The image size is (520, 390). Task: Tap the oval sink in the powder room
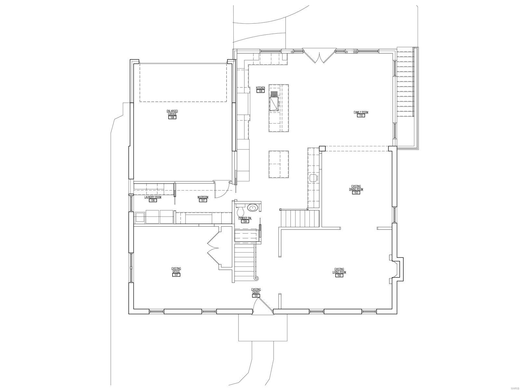pyautogui.click(x=252, y=207)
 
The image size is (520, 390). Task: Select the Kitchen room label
pyautogui.click(x=260, y=88)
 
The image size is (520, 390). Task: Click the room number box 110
pyautogui.click(x=361, y=116)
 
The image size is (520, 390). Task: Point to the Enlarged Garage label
pyautogui.click(x=172, y=112)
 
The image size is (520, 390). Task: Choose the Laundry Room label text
pyautogui.click(x=153, y=197)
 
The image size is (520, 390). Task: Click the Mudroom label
pyautogui.click(x=203, y=197)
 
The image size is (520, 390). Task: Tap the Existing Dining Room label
pyautogui.click(x=356, y=188)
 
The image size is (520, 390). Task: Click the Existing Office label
pyautogui.click(x=176, y=270)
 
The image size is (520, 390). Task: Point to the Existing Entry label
pyautogui.click(x=256, y=291)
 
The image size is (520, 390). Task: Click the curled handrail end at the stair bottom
pyautogui.click(x=256, y=278)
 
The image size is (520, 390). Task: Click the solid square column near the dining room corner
pyautogui.click(x=322, y=149)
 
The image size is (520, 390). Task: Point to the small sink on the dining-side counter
pyautogui.click(x=314, y=178)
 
